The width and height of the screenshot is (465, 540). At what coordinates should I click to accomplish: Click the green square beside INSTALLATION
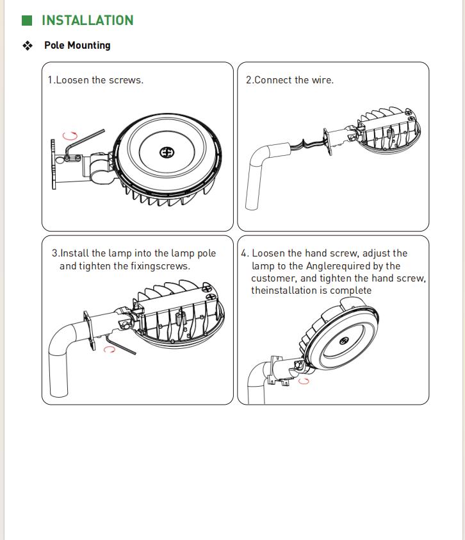point(27,21)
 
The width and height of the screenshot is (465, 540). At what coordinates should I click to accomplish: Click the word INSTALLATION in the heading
point(88,21)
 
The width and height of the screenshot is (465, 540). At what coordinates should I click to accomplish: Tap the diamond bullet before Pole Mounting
point(28,46)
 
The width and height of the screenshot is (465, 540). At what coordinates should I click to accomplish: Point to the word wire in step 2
point(322,80)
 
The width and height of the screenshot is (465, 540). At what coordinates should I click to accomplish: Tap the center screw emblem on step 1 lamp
point(167,153)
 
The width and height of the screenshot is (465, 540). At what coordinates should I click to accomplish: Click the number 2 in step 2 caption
point(249,80)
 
